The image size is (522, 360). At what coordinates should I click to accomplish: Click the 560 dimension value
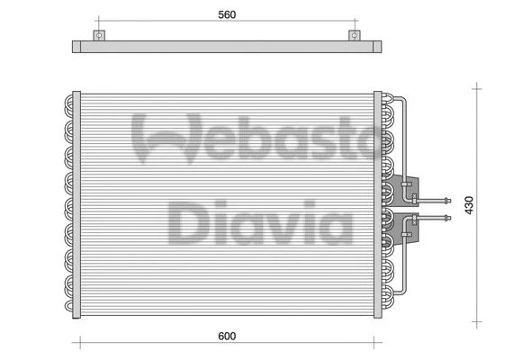pyautogui.click(x=227, y=15)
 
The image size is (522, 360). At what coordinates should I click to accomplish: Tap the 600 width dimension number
pyautogui.click(x=226, y=337)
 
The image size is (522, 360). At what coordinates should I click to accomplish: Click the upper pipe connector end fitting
pyautogui.click(x=446, y=199)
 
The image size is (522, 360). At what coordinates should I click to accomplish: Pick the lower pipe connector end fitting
pyautogui.click(x=446, y=216)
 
